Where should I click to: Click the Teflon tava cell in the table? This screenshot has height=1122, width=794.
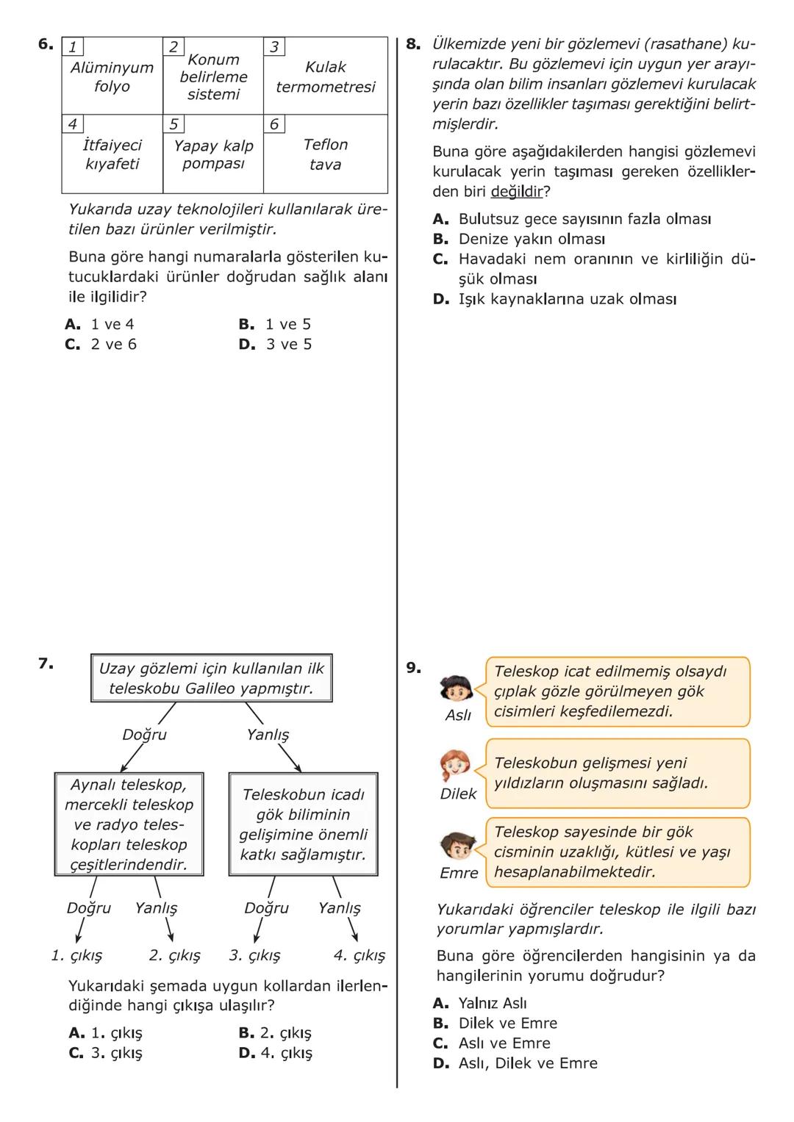pos(325,154)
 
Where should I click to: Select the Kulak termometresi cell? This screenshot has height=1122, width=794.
pos(325,77)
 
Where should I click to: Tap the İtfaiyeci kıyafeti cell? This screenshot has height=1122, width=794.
pos(112,154)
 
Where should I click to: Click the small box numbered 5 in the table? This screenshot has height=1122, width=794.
pos(174,124)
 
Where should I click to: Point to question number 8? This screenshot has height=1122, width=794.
pos(413,44)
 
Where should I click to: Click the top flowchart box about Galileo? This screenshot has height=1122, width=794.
pos(211,678)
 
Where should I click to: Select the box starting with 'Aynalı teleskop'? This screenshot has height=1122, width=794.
pos(129,824)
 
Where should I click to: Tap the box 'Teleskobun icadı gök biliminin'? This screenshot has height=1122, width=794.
pos(303,824)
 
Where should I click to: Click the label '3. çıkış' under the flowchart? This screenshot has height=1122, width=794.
pos(254,956)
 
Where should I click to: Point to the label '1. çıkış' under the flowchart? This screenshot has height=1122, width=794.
pos(76,956)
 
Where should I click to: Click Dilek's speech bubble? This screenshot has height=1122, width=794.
pos(617,774)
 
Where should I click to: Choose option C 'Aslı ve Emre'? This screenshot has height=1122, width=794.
pos(504,1043)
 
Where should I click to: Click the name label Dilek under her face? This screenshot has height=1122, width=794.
pos(458,794)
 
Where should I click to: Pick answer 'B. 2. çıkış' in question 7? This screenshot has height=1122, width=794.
pos(275,1033)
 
